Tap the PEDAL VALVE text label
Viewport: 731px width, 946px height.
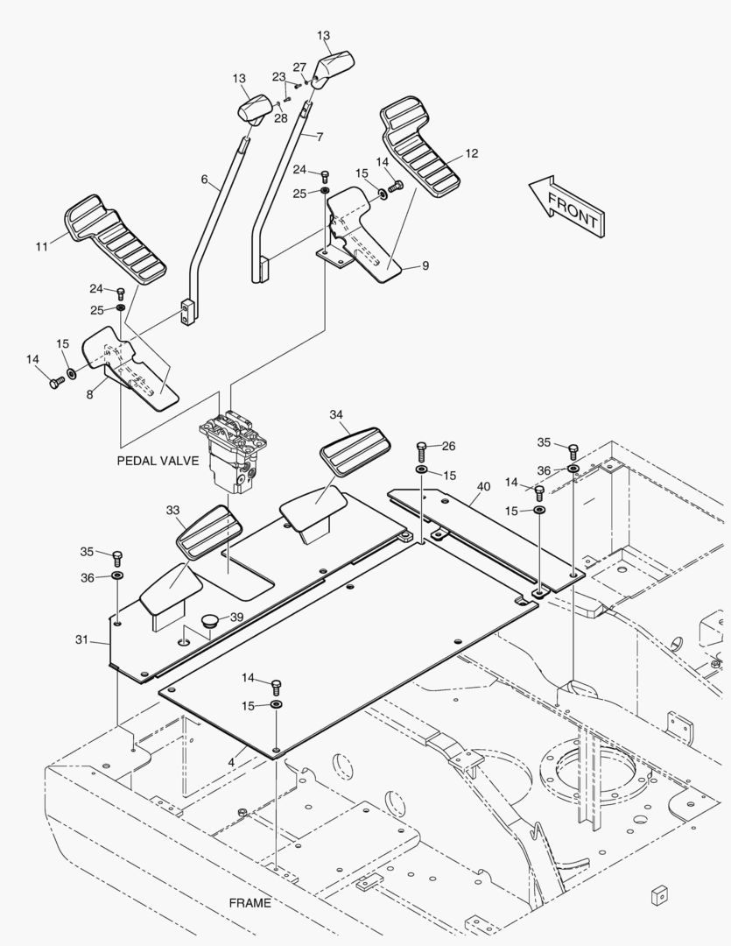[158, 460]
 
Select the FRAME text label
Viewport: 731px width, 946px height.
[250, 902]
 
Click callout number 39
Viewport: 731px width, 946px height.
[236, 617]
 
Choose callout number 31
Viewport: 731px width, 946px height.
[81, 640]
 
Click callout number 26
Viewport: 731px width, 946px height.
[449, 446]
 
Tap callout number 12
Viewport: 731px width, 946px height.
[472, 153]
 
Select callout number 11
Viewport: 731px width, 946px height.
[41, 247]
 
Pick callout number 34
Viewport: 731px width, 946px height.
[337, 414]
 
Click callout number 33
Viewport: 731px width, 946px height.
[172, 509]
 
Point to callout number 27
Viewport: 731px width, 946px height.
[299, 67]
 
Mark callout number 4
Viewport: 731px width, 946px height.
[231, 762]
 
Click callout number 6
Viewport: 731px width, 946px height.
[204, 180]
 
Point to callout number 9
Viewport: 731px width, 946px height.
[425, 265]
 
